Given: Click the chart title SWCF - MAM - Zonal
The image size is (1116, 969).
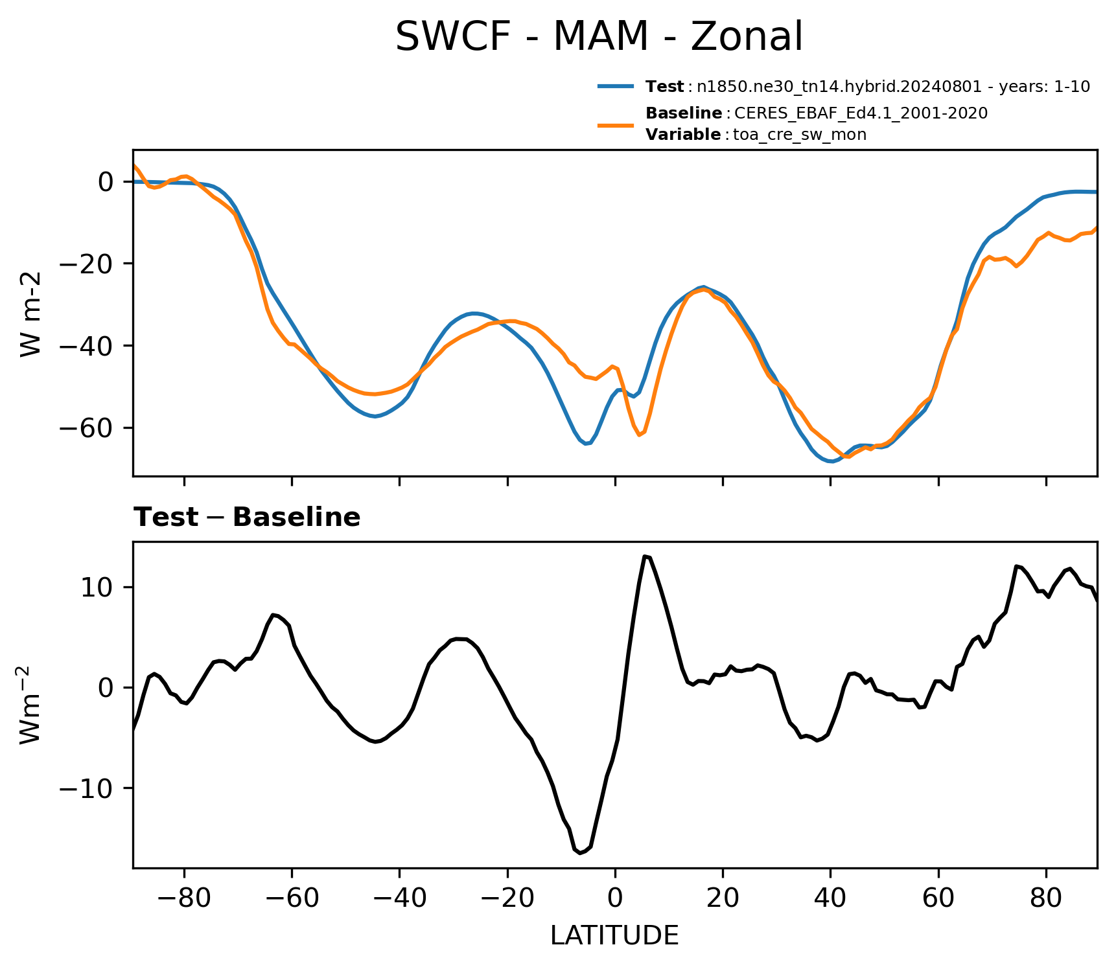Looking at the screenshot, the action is point(599,37).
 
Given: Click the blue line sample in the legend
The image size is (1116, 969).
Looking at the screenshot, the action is point(616,86).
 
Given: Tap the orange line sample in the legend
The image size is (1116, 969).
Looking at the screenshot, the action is point(616,124).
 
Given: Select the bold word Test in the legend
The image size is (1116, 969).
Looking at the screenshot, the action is point(664,87).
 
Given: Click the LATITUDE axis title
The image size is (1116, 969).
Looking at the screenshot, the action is point(614,936).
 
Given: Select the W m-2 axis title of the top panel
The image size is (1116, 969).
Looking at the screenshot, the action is point(31,313).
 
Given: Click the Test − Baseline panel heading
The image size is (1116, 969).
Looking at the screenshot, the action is point(247,518).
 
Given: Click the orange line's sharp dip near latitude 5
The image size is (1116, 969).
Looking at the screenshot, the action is point(640,435).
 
